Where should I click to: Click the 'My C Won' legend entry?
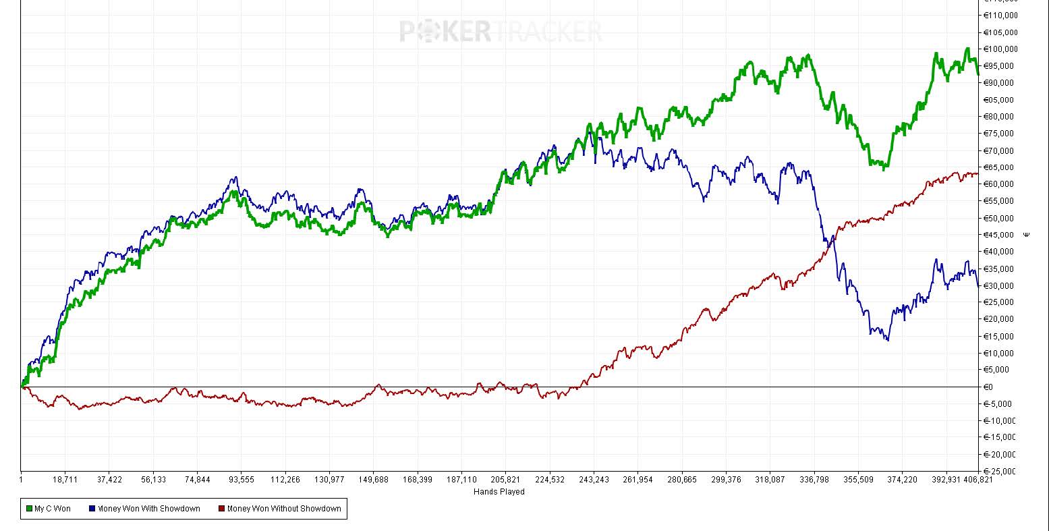point(52,509)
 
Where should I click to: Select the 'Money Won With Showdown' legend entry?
point(148,509)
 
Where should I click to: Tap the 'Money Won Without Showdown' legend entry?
point(284,509)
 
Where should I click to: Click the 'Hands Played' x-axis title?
point(499,492)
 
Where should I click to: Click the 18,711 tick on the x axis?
point(65,480)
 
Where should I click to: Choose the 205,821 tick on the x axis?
point(505,480)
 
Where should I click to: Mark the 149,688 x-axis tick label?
point(373,480)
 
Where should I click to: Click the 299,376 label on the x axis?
point(726,480)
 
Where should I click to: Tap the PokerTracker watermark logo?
point(500,31)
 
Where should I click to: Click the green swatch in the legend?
point(29,509)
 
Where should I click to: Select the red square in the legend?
point(223,509)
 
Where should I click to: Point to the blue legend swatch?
point(92,509)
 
